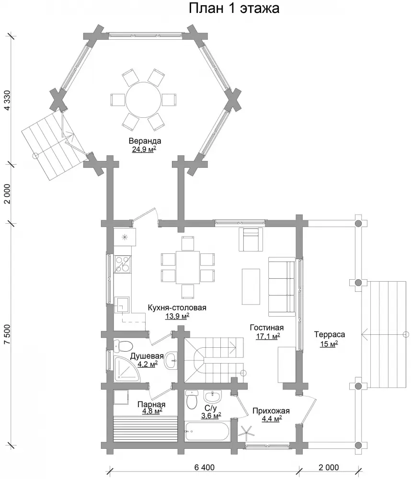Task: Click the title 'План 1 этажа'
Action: click(234, 8)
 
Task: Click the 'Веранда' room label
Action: click(145, 141)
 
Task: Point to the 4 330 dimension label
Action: click(7, 101)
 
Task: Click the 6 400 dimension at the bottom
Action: click(205, 468)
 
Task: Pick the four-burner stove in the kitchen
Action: click(123, 264)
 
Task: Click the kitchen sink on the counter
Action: click(122, 305)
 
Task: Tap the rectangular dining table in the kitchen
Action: click(188, 268)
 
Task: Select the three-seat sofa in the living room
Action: click(282, 286)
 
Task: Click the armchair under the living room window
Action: click(251, 239)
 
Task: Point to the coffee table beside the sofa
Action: click(251, 286)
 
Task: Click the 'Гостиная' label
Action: click(267, 328)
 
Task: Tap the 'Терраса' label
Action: click(330, 334)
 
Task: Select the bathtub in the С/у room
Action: click(207, 432)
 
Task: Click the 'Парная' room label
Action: click(151, 404)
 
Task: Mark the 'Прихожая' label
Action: click(271, 411)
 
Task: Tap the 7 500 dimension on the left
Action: click(7, 334)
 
